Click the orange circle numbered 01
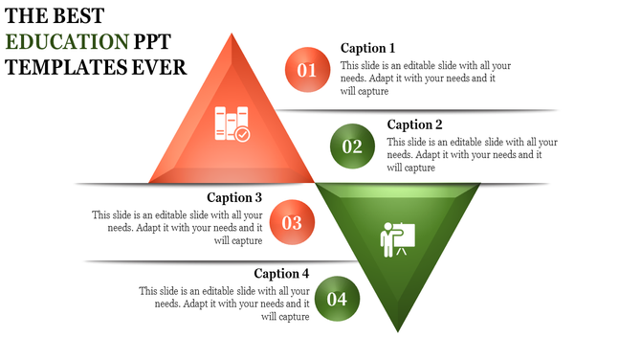pyautogui.click(x=307, y=70)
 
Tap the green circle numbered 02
pyautogui.click(x=352, y=146)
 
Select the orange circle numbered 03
pyautogui.click(x=292, y=223)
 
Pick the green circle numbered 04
pyautogui.click(x=337, y=299)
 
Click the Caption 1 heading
pyautogui.click(x=367, y=48)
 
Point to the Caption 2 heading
pyautogui.click(x=414, y=124)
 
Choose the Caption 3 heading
pyautogui.click(x=235, y=198)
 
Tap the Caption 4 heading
pyautogui.click(x=281, y=274)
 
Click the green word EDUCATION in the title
pyautogui.click(x=66, y=42)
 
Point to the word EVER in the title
pyautogui.click(x=161, y=68)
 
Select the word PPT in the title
pyautogui.click(x=157, y=42)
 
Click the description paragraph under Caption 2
pyautogui.click(x=472, y=154)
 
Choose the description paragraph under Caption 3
pyautogui.click(x=177, y=228)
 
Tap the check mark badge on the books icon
pyautogui.click(x=243, y=135)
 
